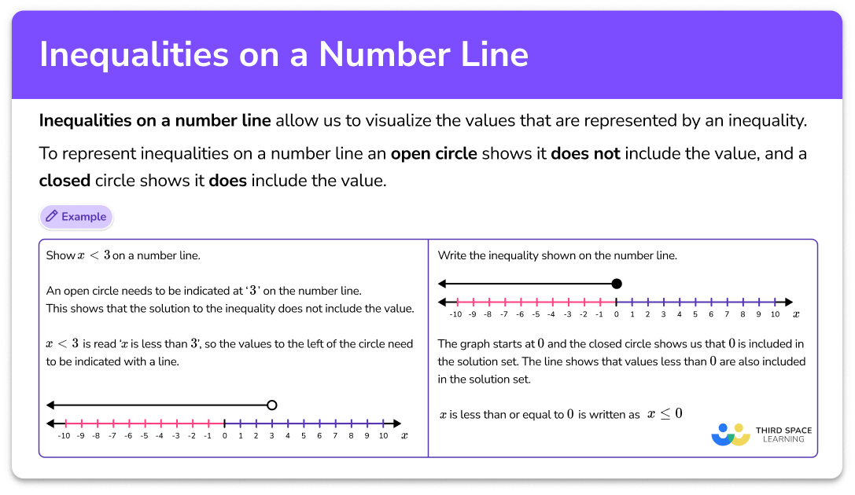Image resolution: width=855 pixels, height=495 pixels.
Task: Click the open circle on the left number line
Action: [x=272, y=405]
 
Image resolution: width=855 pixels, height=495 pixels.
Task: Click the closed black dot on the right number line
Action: [x=616, y=284]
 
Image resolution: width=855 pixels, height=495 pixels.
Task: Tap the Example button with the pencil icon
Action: [x=76, y=217]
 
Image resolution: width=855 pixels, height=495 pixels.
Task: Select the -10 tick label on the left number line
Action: [x=64, y=435]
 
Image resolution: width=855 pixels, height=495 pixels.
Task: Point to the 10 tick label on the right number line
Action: [x=774, y=314]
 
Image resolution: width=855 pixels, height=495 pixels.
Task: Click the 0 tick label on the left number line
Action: [x=224, y=435]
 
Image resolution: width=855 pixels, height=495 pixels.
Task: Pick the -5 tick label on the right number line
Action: [x=535, y=314]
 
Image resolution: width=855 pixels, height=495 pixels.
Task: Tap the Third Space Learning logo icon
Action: [x=731, y=434]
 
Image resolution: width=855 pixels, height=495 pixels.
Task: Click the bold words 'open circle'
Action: [x=433, y=153]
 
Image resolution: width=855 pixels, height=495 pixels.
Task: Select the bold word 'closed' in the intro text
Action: [x=64, y=180]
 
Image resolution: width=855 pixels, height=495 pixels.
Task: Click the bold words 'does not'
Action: [x=585, y=153]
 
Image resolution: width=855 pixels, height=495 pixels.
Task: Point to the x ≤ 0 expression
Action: [x=665, y=413]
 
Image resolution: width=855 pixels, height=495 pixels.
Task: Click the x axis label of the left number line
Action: [x=404, y=434]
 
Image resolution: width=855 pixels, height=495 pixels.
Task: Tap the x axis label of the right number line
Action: [x=796, y=314]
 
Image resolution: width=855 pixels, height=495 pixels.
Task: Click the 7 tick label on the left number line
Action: [x=336, y=435]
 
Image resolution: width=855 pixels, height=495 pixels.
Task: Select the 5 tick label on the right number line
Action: [x=695, y=314]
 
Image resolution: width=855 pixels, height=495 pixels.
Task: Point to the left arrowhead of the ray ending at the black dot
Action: [x=442, y=284]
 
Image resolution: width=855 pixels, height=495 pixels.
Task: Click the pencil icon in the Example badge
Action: [x=51, y=217]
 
